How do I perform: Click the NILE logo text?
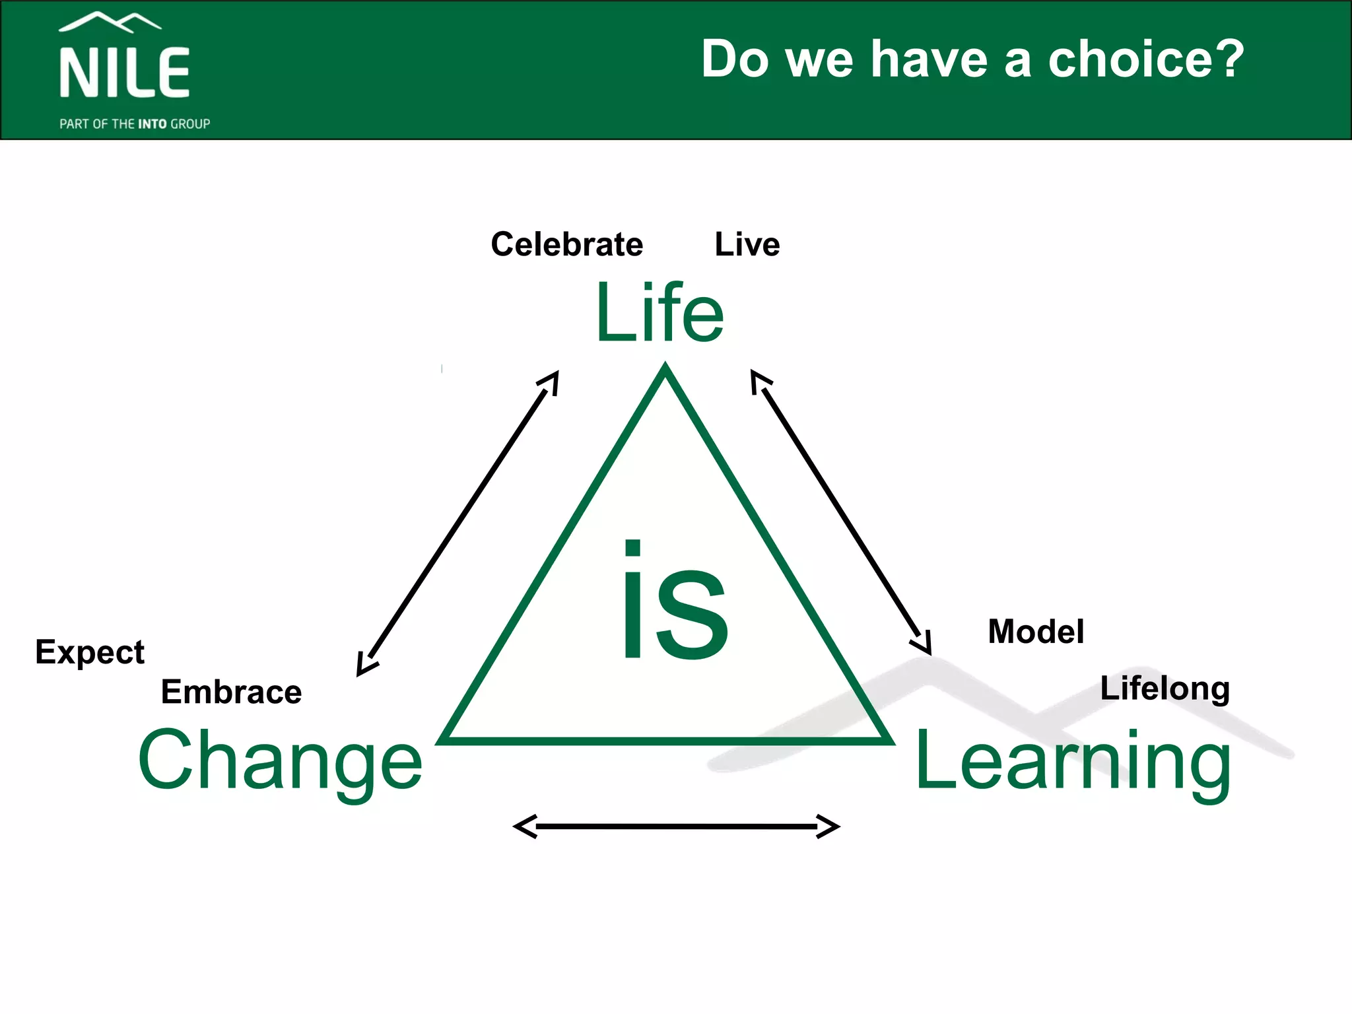(x=125, y=73)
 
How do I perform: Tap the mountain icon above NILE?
(x=110, y=22)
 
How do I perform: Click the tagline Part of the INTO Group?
(x=135, y=124)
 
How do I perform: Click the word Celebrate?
(x=566, y=244)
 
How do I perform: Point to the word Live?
(x=747, y=244)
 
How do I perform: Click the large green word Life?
(x=659, y=314)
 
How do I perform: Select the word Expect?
(x=90, y=653)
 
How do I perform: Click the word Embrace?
(x=231, y=692)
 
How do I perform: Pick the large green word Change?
(x=280, y=760)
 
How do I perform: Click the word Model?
(x=1036, y=632)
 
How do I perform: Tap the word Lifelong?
(x=1165, y=689)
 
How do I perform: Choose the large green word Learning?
(x=1073, y=760)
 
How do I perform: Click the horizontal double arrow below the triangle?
(x=676, y=826)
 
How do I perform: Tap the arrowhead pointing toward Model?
(x=924, y=644)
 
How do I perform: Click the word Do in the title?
(x=735, y=59)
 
